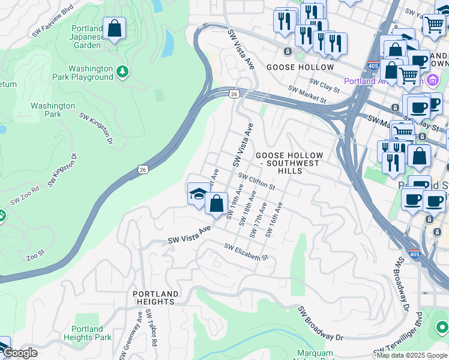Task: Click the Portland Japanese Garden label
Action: [x=86, y=36]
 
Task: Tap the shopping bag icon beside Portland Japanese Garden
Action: [x=114, y=28]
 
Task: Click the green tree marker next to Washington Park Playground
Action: [x=123, y=71]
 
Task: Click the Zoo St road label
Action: [x=35, y=258]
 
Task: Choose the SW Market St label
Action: [x=306, y=93]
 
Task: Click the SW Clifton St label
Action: [x=256, y=181]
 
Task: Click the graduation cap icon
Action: [x=198, y=193]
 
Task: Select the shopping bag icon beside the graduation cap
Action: [x=216, y=203]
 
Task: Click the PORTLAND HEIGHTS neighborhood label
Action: [x=155, y=298]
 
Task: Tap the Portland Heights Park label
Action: [x=92, y=333]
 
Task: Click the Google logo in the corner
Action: [x=19, y=353]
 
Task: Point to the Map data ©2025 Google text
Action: [x=412, y=355]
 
